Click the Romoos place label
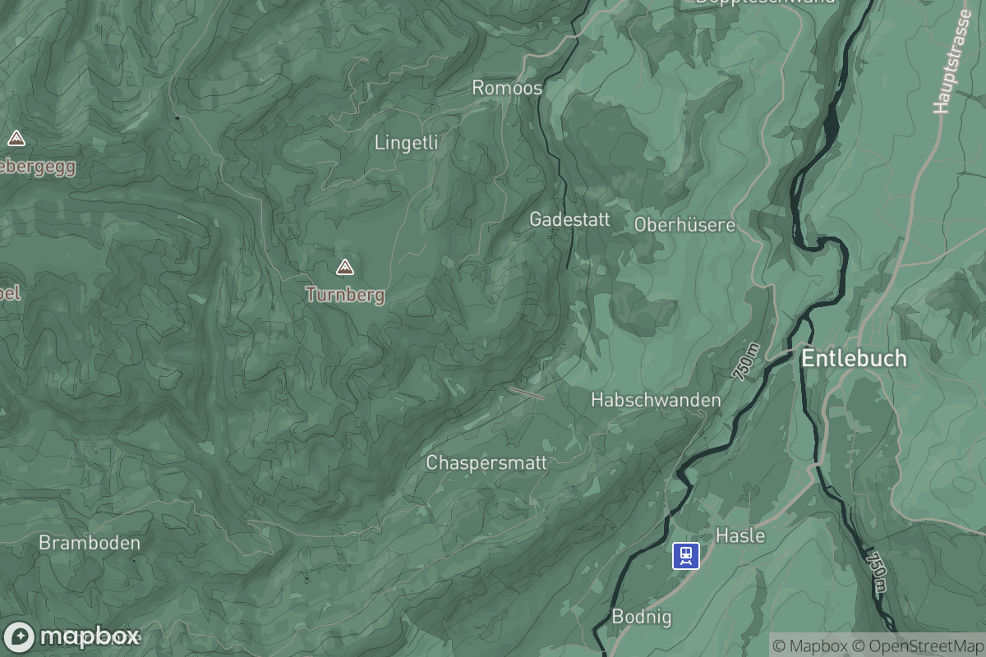tap(507, 88)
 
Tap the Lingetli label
tap(406, 143)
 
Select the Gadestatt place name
tap(569, 219)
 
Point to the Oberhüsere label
tap(684, 224)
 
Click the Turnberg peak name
tap(345, 295)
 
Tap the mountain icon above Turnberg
tap(345, 267)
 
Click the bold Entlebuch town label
tap(854, 359)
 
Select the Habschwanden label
tap(656, 400)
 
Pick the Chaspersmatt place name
tap(486, 463)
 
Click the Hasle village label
tap(740, 536)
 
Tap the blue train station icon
tap(685, 556)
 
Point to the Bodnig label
tap(642, 617)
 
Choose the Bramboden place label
tap(90, 543)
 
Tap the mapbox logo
tap(72, 636)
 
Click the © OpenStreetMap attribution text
tap(917, 646)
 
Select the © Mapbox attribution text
tap(810, 646)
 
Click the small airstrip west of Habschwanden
tap(526, 393)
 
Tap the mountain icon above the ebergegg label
tap(16, 138)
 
